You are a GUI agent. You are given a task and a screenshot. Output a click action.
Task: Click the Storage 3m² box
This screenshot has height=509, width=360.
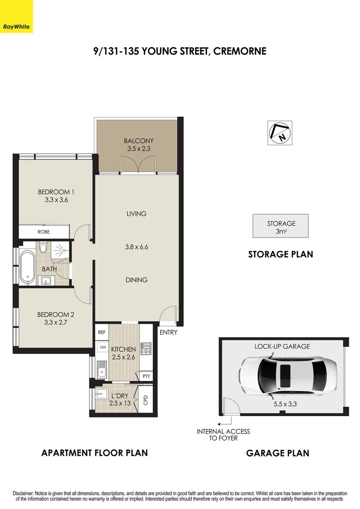(x=281, y=226)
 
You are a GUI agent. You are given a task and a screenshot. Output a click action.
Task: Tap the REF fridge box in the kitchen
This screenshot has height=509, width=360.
(x=102, y=332)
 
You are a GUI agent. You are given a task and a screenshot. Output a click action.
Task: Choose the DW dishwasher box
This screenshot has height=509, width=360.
(x=102, y=347)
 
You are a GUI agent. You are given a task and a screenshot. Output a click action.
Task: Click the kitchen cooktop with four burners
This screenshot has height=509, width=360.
(x=147, y=349)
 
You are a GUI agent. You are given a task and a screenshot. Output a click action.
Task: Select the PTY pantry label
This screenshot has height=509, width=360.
(x=146, y=377)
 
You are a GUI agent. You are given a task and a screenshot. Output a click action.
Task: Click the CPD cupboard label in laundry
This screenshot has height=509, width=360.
(x=146, y=401)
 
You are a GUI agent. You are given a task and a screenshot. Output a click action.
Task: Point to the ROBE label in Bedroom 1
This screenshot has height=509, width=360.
(x=43, y=232)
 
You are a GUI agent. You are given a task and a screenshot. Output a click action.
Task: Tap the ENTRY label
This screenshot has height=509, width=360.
(x=168, y=333)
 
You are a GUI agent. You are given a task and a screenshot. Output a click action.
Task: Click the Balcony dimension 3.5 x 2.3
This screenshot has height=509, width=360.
(x=139, y=148)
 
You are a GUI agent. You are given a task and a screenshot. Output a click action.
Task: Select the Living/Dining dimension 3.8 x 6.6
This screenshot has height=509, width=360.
(x=137, y=246)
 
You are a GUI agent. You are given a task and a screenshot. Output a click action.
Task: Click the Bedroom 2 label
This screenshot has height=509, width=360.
(x=56, y=314)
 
